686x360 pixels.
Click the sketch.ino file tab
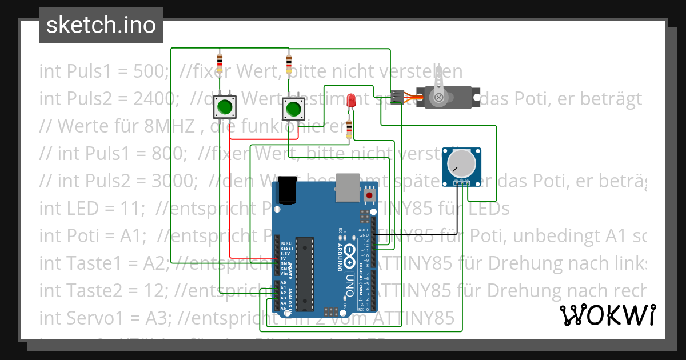pos(101,25)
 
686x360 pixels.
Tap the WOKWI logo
pos(607,315)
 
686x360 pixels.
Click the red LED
pos(352,102)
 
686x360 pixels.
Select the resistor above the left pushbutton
pos(220,61)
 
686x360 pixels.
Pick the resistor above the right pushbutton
pos(289,61)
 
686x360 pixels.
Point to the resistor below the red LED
pos(349,129)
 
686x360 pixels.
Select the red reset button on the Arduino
pos(369,196)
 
